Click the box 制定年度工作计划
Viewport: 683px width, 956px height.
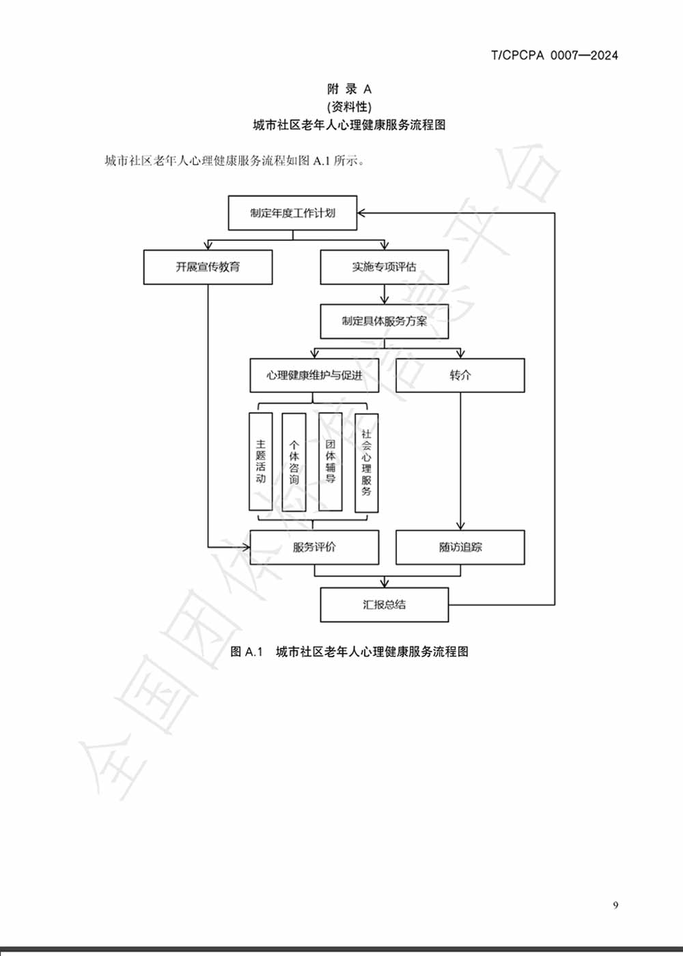292,213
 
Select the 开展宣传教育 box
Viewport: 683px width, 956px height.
208,267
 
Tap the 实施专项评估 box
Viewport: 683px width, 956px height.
384,267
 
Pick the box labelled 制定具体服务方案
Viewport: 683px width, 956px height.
384,321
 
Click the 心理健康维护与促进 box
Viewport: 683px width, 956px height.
314,375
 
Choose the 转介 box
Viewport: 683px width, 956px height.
460,375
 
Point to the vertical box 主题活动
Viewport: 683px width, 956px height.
260,461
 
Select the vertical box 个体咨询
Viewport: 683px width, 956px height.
294,462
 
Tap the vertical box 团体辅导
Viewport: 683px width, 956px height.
330,462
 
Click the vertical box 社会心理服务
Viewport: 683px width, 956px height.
366,463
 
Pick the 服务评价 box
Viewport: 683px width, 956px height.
314,547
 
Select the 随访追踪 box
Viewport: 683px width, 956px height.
460,547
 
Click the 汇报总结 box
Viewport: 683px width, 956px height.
384,605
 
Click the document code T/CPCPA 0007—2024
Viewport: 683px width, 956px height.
554,55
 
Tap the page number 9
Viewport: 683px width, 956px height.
615,905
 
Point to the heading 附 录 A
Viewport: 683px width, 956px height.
349,89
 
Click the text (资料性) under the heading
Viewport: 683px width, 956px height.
349,106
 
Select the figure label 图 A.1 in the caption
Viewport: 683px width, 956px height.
246,652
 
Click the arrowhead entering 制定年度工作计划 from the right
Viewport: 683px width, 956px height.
362,213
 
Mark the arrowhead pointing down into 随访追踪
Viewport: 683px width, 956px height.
460,526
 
